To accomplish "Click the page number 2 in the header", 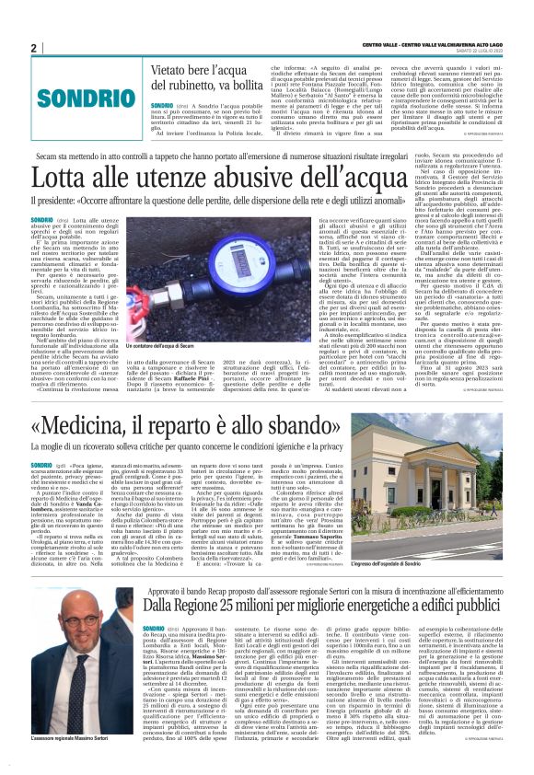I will tap(33, 48).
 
